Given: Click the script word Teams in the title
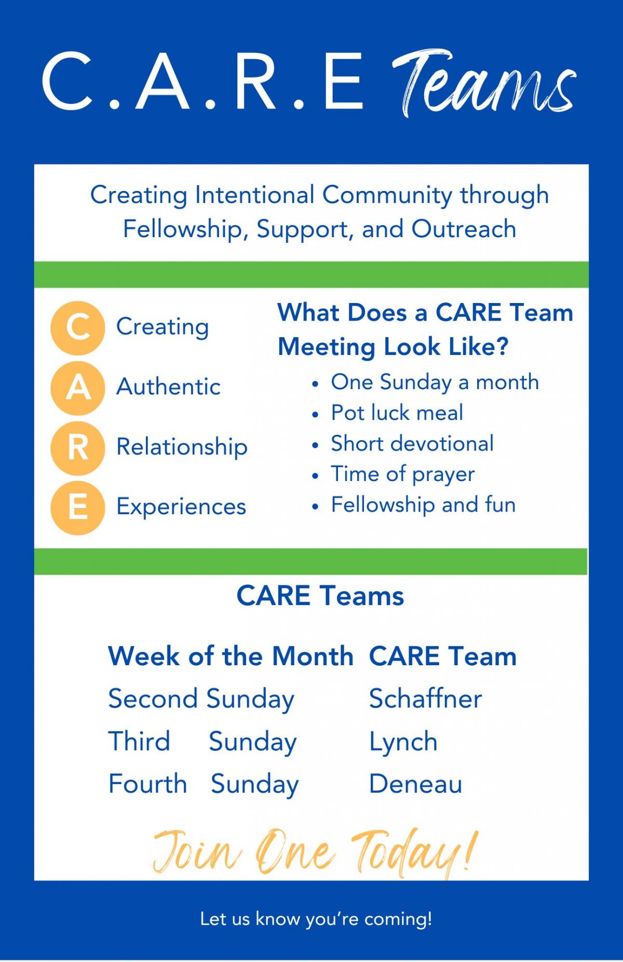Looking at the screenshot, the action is pos(483,83).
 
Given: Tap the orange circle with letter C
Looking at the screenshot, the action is pos(78,328).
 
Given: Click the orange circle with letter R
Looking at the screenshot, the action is pos(78,448).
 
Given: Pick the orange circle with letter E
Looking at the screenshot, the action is pos(78,507).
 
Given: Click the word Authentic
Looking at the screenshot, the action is pos(169,387).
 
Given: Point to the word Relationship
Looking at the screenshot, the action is pos(182,447).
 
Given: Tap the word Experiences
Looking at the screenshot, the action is pos(181,507).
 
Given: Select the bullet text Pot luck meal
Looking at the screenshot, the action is pos(397,413).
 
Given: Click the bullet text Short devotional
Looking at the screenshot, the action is pos(412,444).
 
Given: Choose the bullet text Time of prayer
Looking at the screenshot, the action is pos(403,475).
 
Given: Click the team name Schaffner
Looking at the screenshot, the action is pos(426,698).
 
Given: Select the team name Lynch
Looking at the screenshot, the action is pos(403,742).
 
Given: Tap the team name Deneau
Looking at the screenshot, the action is pos(415,784).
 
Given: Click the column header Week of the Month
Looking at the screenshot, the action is pos(231,656).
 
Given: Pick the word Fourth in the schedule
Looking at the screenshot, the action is pos(148,784).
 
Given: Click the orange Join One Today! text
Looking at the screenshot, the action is pos(315,852).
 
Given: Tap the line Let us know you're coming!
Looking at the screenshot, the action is pos(316,919).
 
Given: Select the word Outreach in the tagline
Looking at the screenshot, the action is pos(464,229).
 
